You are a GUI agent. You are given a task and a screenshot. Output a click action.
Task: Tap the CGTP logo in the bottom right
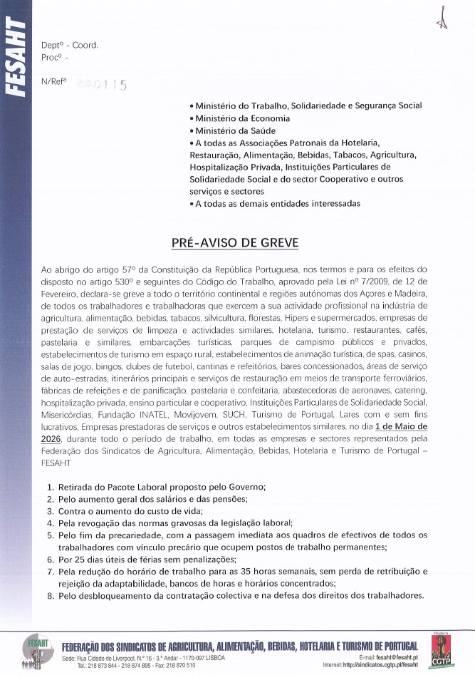point(446,649)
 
